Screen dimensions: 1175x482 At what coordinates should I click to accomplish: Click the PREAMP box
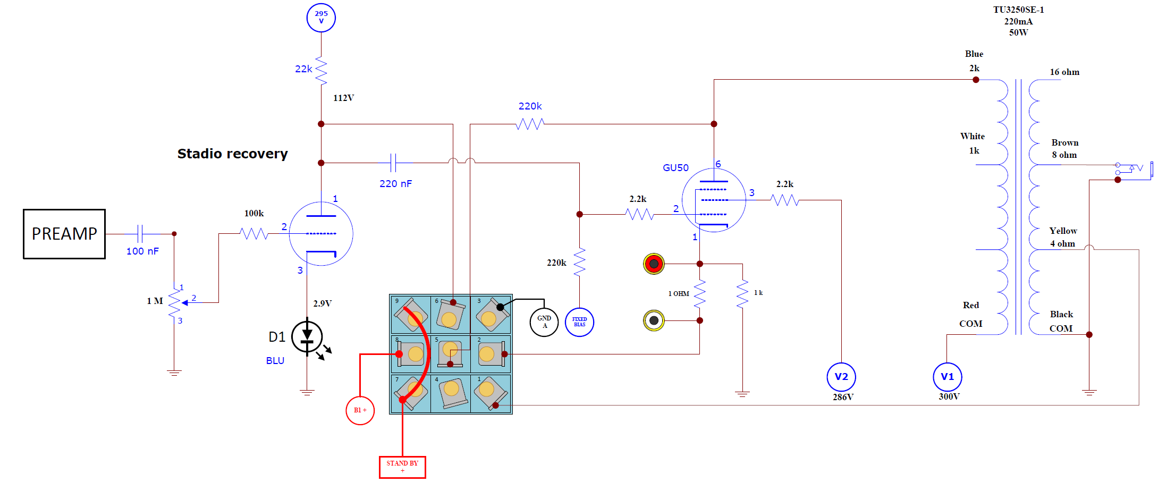tap(64, 234)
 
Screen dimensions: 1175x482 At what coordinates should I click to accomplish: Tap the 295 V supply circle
tap(321, 18)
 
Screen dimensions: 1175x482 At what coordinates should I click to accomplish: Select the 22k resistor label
tap(303, 69)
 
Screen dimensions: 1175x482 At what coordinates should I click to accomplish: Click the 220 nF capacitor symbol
tap(393, 163)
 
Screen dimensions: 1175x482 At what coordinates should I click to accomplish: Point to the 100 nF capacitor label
tap(142, 251)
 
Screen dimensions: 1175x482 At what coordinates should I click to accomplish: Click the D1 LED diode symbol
tap(307, 337)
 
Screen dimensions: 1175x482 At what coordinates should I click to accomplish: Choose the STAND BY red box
tap(402, 467)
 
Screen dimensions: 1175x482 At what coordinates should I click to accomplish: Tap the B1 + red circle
tap(360, 410)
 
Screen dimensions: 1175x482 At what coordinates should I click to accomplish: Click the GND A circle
tap(544, 322)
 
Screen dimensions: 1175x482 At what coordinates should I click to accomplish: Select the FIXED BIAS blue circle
tap(579, 322)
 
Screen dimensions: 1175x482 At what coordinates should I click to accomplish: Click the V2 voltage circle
tap(841, 377)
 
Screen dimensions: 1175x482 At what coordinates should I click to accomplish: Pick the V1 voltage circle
tap(948, 377)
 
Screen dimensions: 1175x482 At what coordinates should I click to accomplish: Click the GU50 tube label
tap(675, 168)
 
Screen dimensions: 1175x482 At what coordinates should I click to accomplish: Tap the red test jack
tap(654, 264)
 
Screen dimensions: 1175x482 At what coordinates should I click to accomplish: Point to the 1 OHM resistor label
tap(679, 294)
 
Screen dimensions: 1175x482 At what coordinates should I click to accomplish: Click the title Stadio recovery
tap(232, 154)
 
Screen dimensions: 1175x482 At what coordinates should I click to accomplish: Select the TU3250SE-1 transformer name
tap(1019, 10)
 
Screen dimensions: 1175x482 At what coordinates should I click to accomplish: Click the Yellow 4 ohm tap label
tap(1063, 237)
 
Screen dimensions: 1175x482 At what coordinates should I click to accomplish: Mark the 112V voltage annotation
tap(344, 98)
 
